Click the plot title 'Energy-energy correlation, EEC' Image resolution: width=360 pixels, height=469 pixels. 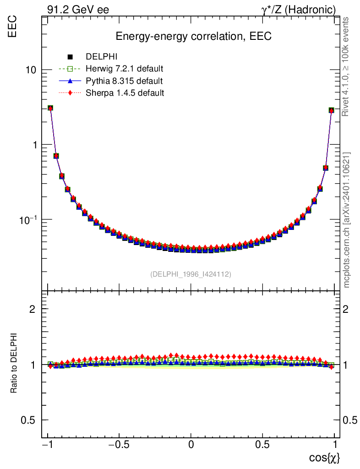point(193,37)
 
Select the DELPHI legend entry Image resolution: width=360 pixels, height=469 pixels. point(102,57)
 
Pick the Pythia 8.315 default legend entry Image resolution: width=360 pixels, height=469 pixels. point(124,81)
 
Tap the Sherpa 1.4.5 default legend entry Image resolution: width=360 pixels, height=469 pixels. point(125,93)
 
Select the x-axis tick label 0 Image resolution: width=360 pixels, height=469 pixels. point(191,445)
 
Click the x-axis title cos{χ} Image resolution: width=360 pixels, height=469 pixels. point(324,457)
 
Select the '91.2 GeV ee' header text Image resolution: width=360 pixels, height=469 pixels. point(77,9)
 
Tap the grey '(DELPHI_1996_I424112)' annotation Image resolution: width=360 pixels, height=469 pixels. point(191,274)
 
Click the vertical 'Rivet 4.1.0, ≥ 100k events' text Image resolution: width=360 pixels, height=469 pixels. point(346,66)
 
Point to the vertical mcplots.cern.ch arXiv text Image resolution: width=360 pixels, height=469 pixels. point(347,220)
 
